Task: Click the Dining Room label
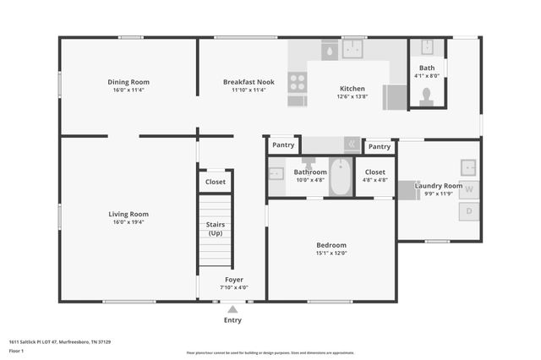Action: point(128,82)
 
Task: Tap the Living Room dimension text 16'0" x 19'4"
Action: point(128,222)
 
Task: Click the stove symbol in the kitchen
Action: point(297,82)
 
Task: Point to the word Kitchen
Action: point(352,89)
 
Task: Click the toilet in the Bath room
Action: point(427,95)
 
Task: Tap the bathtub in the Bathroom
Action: point(341,177)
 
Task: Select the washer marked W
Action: point(470,189)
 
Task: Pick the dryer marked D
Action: point(470,212)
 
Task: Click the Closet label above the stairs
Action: point(216,182)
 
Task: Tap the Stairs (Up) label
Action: point(216,228)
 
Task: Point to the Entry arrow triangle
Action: point(232,309)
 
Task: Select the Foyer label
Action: point(233,279)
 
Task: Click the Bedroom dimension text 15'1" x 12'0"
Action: point(331,254)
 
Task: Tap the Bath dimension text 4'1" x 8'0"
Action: point(427,76)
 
